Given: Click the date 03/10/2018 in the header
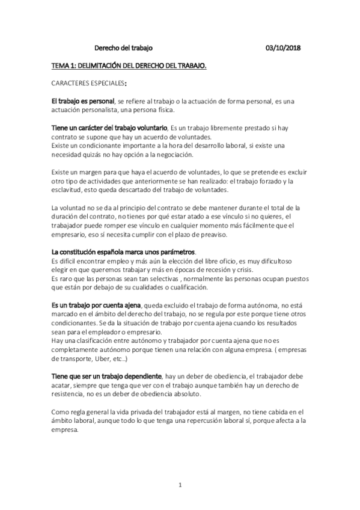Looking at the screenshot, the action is [x=284, y=50].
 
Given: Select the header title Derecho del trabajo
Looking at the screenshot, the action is [x=124, y=50].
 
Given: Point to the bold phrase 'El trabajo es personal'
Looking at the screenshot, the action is [x=82, y=100].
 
